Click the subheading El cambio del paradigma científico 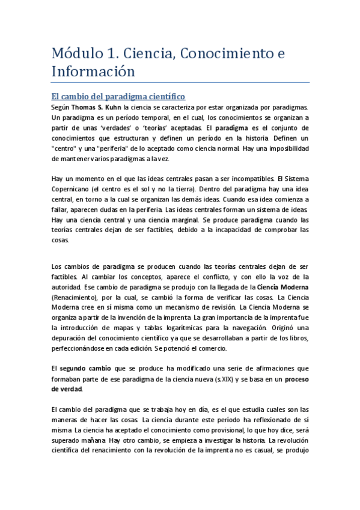click(118, 96)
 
